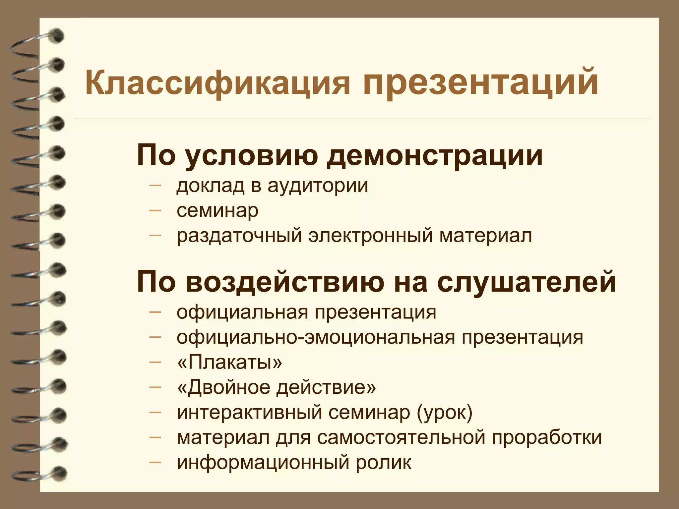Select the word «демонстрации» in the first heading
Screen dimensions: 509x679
(434, 155)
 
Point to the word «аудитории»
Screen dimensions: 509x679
(318, 185)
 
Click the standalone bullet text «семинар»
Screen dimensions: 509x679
(217, 211)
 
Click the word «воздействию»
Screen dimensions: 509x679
(285, 282)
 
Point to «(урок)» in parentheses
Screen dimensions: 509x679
(445, 413)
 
